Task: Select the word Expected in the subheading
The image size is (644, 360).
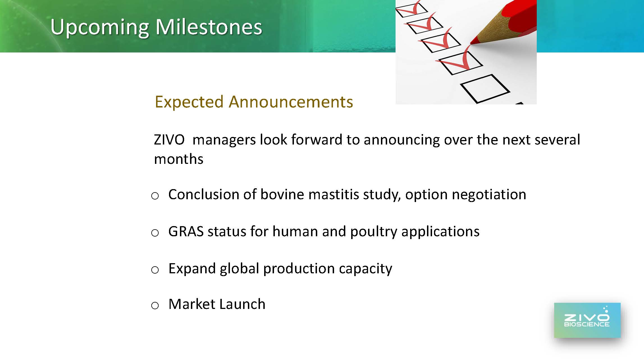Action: coord(189,102)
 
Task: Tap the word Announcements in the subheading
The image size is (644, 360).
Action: coord(291,102)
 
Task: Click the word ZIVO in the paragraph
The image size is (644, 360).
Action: coord(169,139)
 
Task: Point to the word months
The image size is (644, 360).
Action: coord(179,159)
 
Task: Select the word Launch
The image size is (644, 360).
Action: coord(242,304)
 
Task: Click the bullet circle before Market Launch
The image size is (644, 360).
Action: coord(155,305)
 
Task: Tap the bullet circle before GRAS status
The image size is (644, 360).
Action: coord(155,233)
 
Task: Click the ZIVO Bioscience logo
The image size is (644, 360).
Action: coord(587,320)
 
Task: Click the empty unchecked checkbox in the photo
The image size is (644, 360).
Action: coord(485,88)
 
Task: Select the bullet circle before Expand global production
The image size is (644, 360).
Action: coord(155,270)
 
